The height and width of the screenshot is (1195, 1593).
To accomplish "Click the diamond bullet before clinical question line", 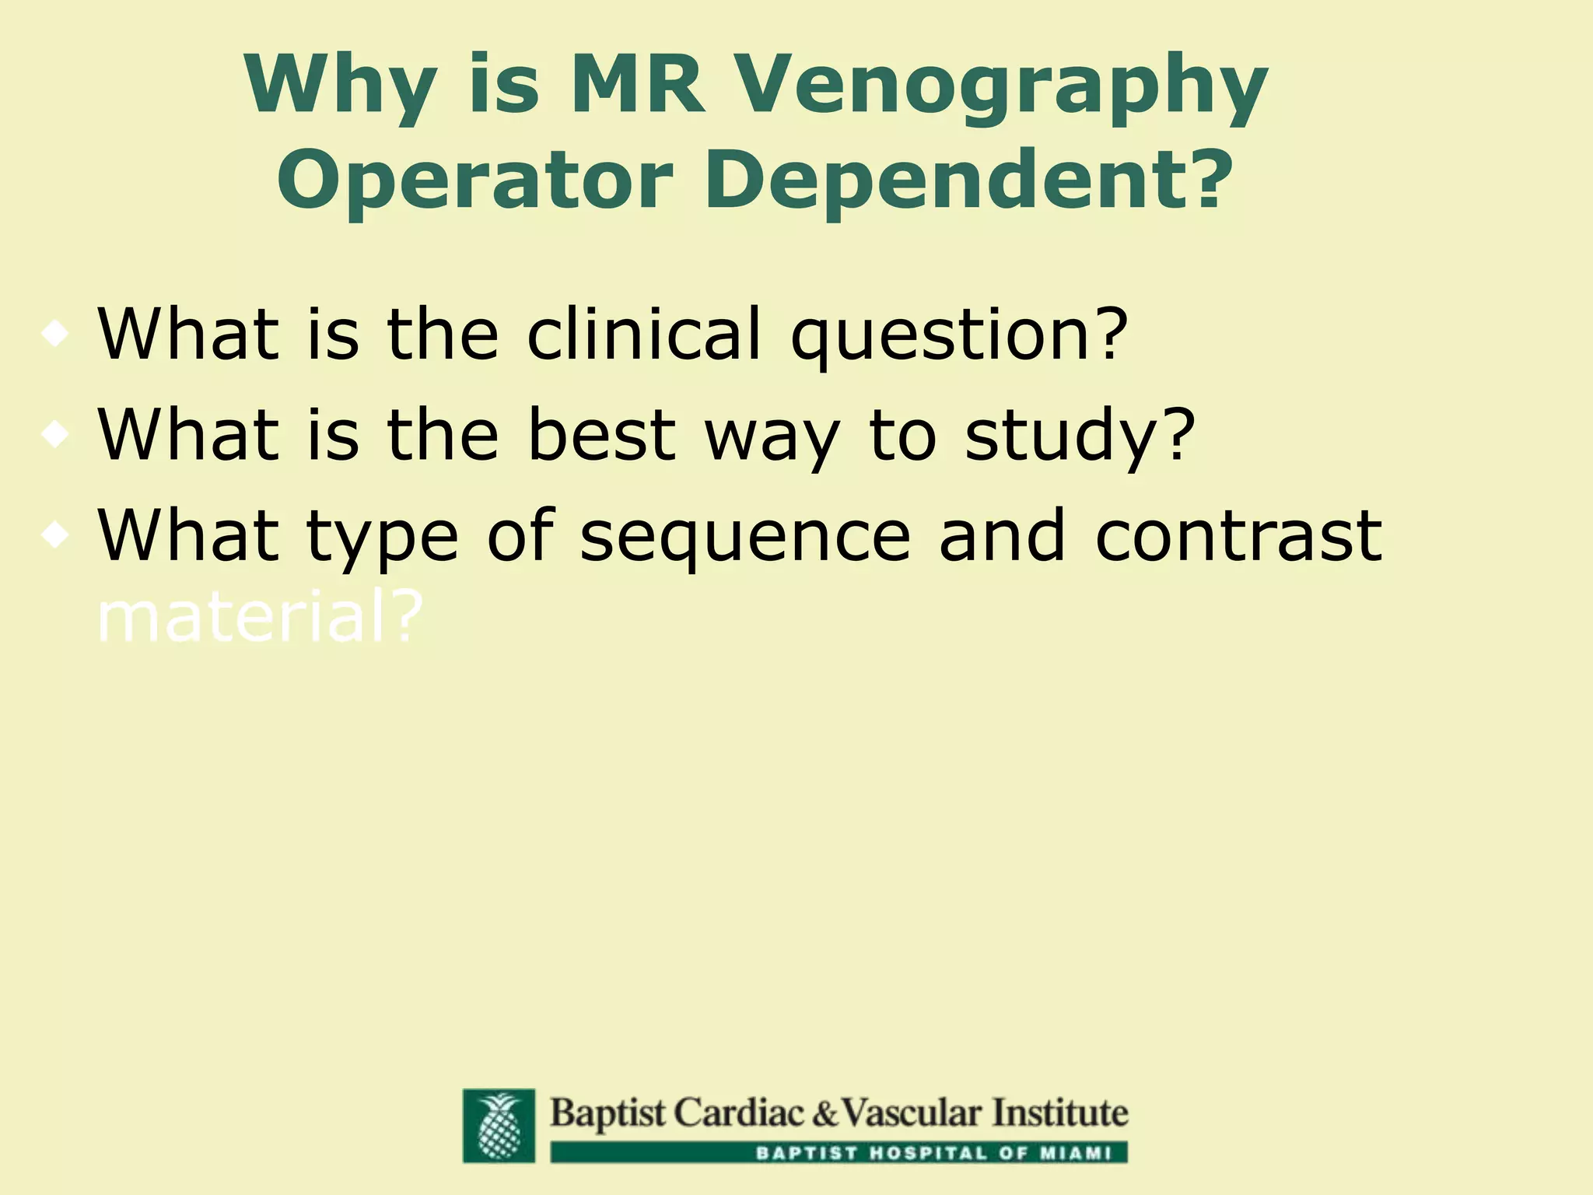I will pyautogui.click(x=56, y=335).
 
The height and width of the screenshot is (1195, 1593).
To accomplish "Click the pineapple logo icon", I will pyautogui.click(x=499, y=1125).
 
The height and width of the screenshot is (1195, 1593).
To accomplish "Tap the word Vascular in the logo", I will pyautogui.click(x=909, y=1113).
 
